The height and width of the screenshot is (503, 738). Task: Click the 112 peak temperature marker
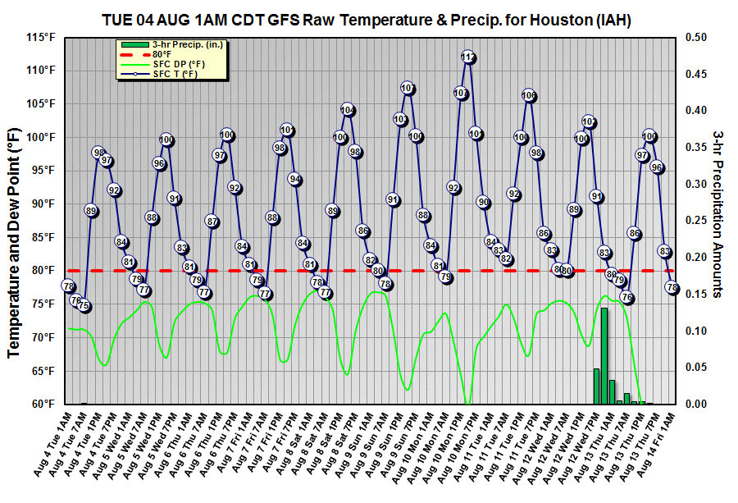[468, 57]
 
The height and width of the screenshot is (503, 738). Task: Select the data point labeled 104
[348, 110]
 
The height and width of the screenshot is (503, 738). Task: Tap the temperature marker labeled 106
[529, 96]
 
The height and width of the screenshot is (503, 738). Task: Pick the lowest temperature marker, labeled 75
[84, 306]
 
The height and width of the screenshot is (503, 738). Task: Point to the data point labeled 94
[295, 180]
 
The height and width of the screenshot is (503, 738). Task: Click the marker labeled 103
[400, 120]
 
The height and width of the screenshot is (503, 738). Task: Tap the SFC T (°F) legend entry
[175, 74]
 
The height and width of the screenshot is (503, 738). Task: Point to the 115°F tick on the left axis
[40, 37]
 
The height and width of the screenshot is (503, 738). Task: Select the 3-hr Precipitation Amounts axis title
[717, 213]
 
